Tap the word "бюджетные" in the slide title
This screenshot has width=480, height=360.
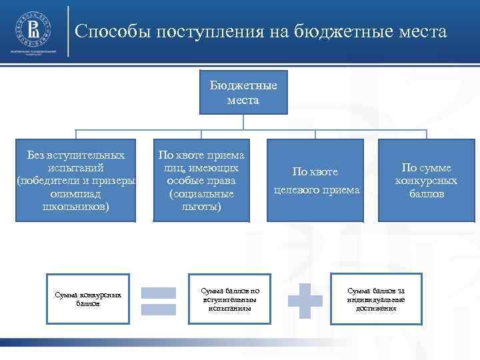click(331, 32)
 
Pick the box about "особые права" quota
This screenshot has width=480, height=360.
click(201, 180)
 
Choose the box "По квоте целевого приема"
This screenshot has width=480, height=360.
click(316, 180)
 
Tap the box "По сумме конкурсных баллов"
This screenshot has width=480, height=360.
click(426, 180)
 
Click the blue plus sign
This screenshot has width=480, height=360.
click(304, 300)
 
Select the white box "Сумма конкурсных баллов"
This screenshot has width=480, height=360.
click(89, 299)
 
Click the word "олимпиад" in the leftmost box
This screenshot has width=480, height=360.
click(76, 193)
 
